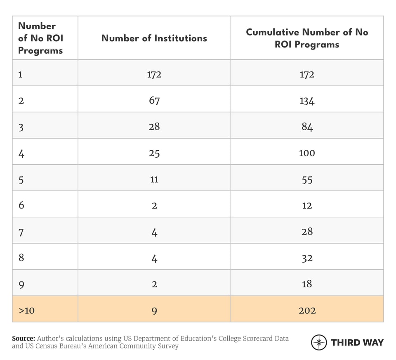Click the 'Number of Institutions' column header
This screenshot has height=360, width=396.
click(x=154, y=38)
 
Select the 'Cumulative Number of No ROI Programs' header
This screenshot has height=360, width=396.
click(x=307, y=38)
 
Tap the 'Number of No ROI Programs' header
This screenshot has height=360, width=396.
click(x=40, y=38)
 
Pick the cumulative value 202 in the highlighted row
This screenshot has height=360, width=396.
click(x=307, y=310)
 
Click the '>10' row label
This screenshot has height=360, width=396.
click(x=26, y=310)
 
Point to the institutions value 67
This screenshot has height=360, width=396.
click(x=154, y=100)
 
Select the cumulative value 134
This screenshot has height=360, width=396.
click(x=307, y=100)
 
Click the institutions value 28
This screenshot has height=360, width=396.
click(x=154, y=127)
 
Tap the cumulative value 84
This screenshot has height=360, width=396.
click(x=307, y=127)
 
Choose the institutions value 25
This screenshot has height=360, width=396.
click(x=154, y=153)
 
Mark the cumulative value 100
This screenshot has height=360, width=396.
click(x=307, y=153)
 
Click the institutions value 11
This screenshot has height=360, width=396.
click(x=154, y=179)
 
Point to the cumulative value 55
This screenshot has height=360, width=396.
click(x=307, y=179)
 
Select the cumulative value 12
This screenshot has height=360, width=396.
click(x=307, y=205)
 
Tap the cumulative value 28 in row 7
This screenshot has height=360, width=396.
click(x=307, y=232)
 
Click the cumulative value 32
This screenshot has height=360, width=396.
click(x=307, y=258)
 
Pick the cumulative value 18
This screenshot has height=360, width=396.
click(x=307, y=284)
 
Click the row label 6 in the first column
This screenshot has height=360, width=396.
click(x=21, y=205)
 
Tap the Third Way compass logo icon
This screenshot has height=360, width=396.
click(x=318, y=342)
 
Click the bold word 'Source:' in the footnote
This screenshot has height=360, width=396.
click(x=24, y=339)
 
